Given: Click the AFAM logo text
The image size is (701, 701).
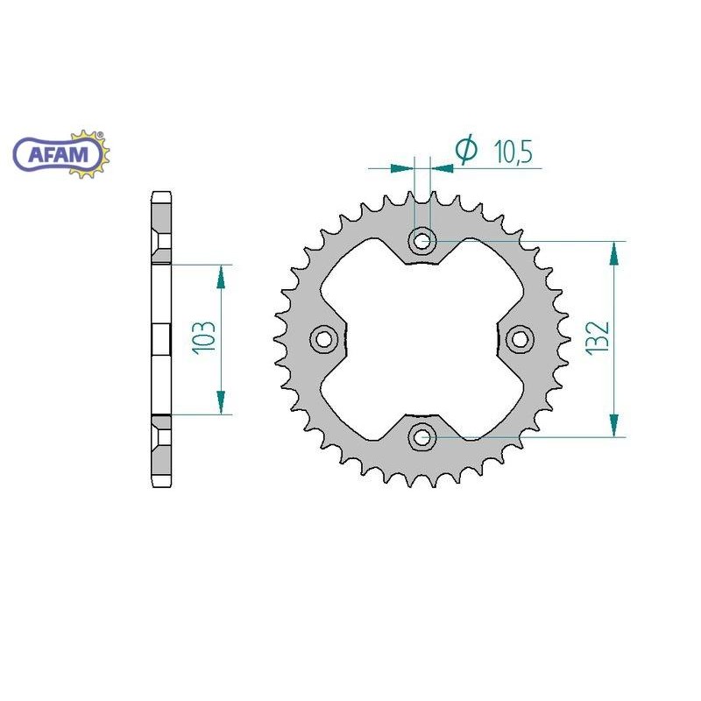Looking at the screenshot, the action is (x=59, y=155).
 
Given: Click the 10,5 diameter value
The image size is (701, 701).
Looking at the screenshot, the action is (x=513, y=152).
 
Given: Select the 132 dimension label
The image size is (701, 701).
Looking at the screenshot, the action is (x=598, y=338).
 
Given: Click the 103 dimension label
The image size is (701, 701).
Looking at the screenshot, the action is (x=204, y=338).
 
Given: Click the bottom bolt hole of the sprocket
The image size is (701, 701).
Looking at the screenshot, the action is (x=422, y=436).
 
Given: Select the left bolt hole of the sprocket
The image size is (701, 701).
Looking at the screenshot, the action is (x=323, y=339).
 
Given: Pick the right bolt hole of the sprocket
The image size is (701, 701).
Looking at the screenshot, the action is (x=520, y=338).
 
